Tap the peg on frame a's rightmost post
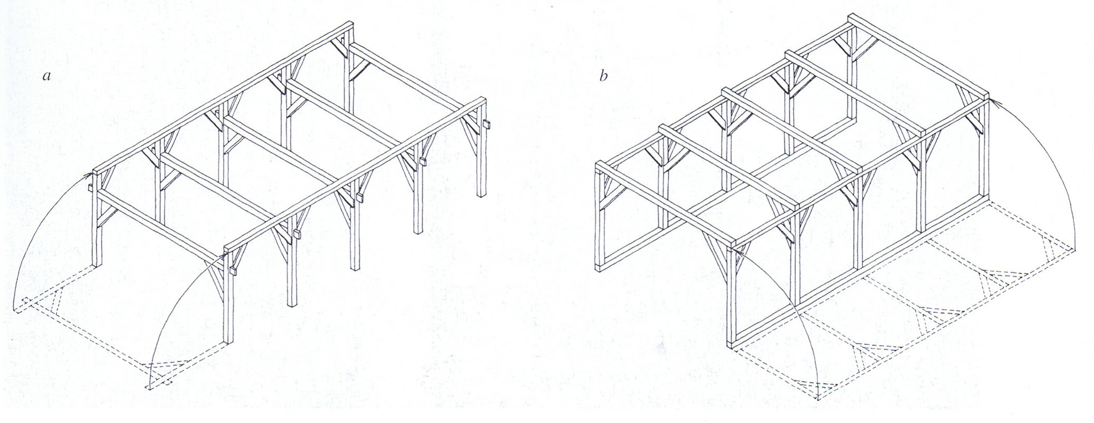[x=487, y=124]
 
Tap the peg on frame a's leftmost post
[x=90, y=187]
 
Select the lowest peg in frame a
[x=230, y=270]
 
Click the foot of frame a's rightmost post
[x=481, y=195]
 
